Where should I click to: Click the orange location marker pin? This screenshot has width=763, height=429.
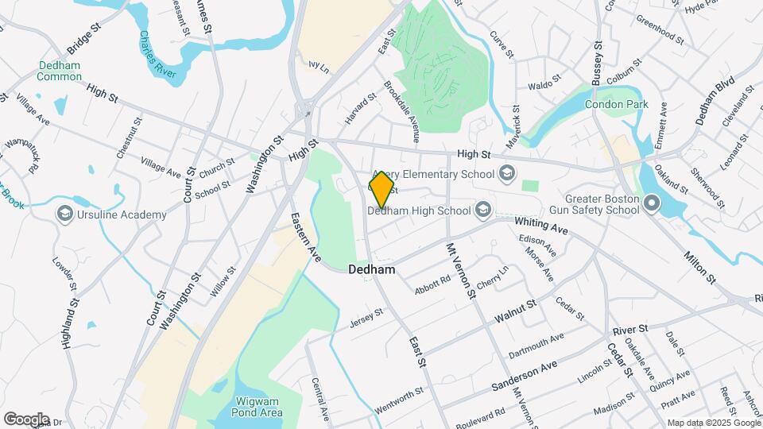point(381,190)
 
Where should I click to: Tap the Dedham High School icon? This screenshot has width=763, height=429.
point(482,211)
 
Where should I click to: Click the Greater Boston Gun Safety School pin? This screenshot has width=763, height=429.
point(652,204)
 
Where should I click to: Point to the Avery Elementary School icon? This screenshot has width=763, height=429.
point(506,174)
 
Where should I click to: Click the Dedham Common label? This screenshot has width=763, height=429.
point(59,71)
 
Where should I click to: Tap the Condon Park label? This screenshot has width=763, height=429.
point(616,104)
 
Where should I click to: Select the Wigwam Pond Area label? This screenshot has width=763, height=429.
point(257,407)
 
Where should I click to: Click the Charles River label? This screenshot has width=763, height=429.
point(157,54)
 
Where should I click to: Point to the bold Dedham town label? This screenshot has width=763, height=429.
point(371,270)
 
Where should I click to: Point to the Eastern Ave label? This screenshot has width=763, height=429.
point(304,238)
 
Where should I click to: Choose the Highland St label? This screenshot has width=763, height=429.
point(71,323)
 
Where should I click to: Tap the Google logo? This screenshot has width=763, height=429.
point(26,419)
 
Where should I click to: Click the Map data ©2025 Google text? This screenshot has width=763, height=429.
point(712,423)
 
